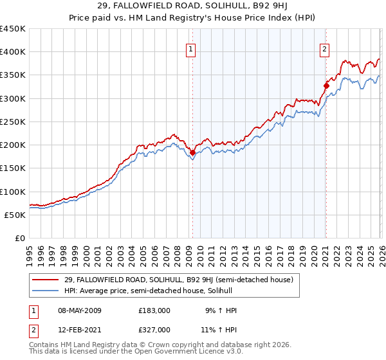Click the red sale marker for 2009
coord(192,152)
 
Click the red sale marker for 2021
coord(326,85)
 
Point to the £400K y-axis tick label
coord(13,52)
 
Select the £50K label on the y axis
coord(15,215)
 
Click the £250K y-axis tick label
coord(13,122)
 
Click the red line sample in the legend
coord(46,280)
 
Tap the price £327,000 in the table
coord(154,329)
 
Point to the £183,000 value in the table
coord(154,310)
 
